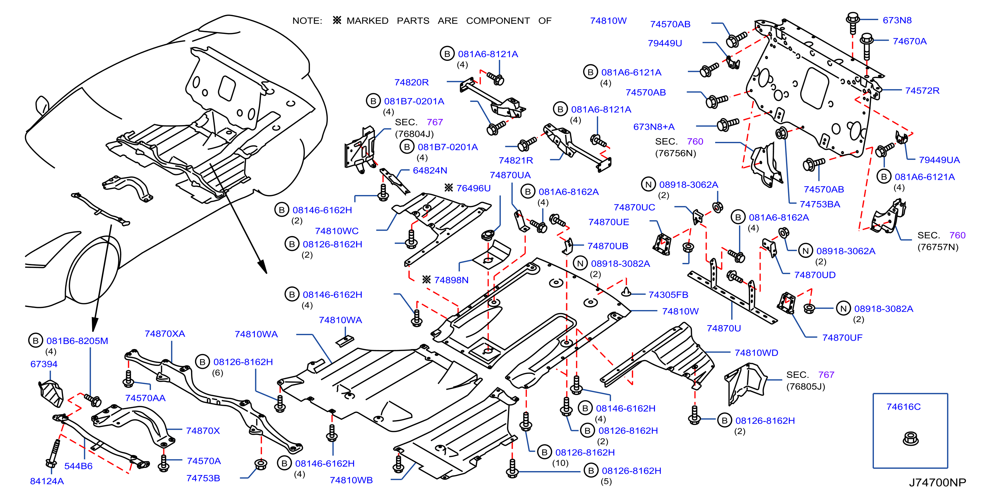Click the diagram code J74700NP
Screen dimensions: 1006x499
(937, 483)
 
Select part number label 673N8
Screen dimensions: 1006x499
(897, 20)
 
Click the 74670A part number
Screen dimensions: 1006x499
(910, 41)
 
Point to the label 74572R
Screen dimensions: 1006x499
(922, 90)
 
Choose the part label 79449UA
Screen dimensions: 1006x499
(939, 160)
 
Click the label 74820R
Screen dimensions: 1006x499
(411, 82)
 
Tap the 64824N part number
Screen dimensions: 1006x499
(430, 170)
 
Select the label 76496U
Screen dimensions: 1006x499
(473, 188)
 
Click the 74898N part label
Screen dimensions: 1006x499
(451, 280)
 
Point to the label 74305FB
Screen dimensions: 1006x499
(668, 295)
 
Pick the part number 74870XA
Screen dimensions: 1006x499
(165, 334)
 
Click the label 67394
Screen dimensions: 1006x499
(44, 364)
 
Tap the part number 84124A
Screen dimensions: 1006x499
(47, 481)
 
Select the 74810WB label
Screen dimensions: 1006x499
(351, 480)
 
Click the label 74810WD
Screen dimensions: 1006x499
(757, 353)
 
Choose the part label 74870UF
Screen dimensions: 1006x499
(842, 338)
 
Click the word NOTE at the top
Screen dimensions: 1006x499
(307, 21)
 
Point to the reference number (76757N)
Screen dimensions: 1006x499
(938, 247)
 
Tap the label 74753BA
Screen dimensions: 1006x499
(820, 204)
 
